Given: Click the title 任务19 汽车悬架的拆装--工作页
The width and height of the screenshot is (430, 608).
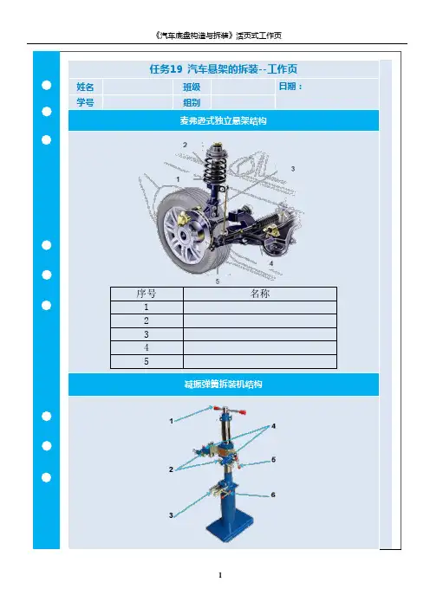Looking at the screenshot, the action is pyautogui.click(x=224, y=69).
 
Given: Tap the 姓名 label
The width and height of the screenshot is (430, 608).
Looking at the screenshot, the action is pyautogui.click(x=85, y=87).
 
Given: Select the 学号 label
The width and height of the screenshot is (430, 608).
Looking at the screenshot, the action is pyautogui.click(x=85, y=102).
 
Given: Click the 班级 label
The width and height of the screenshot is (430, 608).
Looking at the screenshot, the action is pyautogui.click(x=192, y=87).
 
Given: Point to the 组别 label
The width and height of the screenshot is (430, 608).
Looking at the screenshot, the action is pyautogui.click(x=192, y=102).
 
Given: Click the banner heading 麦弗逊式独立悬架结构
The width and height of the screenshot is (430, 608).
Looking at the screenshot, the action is pyautogui.click(x=223, y=120).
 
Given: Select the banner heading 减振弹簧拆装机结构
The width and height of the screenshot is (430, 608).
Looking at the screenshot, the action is pyautogui.click(x=223, y=385).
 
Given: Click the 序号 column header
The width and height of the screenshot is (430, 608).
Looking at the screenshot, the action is pyautogui.click(x=147, y=294).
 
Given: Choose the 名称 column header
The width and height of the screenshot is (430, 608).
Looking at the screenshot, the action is pyautogui.click(x=259, y=294).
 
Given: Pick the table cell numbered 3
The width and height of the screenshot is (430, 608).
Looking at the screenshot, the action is pyautogui.click(x=147, y=334).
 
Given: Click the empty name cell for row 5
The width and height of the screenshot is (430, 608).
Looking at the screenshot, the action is pyautogui.click(x=259, y=361).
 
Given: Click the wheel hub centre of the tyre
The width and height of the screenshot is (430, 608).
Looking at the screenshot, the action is pyautogui.click(x=181, y=235).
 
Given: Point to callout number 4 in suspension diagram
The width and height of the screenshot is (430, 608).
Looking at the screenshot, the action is pyautogui.click(x=271, y=263).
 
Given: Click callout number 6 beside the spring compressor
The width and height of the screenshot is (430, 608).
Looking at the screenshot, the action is pyautogui.click(x=273, y=495).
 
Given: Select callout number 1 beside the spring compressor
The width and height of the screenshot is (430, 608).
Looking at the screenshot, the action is pyautogui.click(x=171, y=421).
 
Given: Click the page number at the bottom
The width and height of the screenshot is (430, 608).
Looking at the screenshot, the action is pyautogui.click(x=220, y=575).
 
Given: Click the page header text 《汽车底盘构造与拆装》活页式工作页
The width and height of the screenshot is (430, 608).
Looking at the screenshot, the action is pyautogui.click(x=218, y=36).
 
